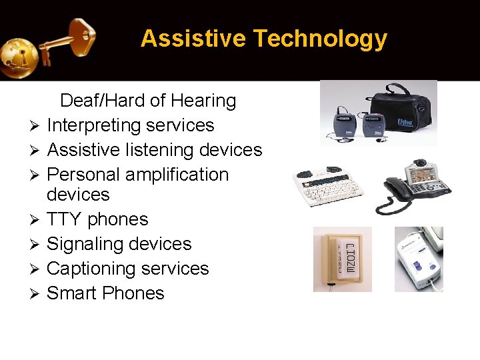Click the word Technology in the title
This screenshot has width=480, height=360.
tap(320, 39)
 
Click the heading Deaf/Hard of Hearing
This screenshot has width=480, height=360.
tap(148, 101)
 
